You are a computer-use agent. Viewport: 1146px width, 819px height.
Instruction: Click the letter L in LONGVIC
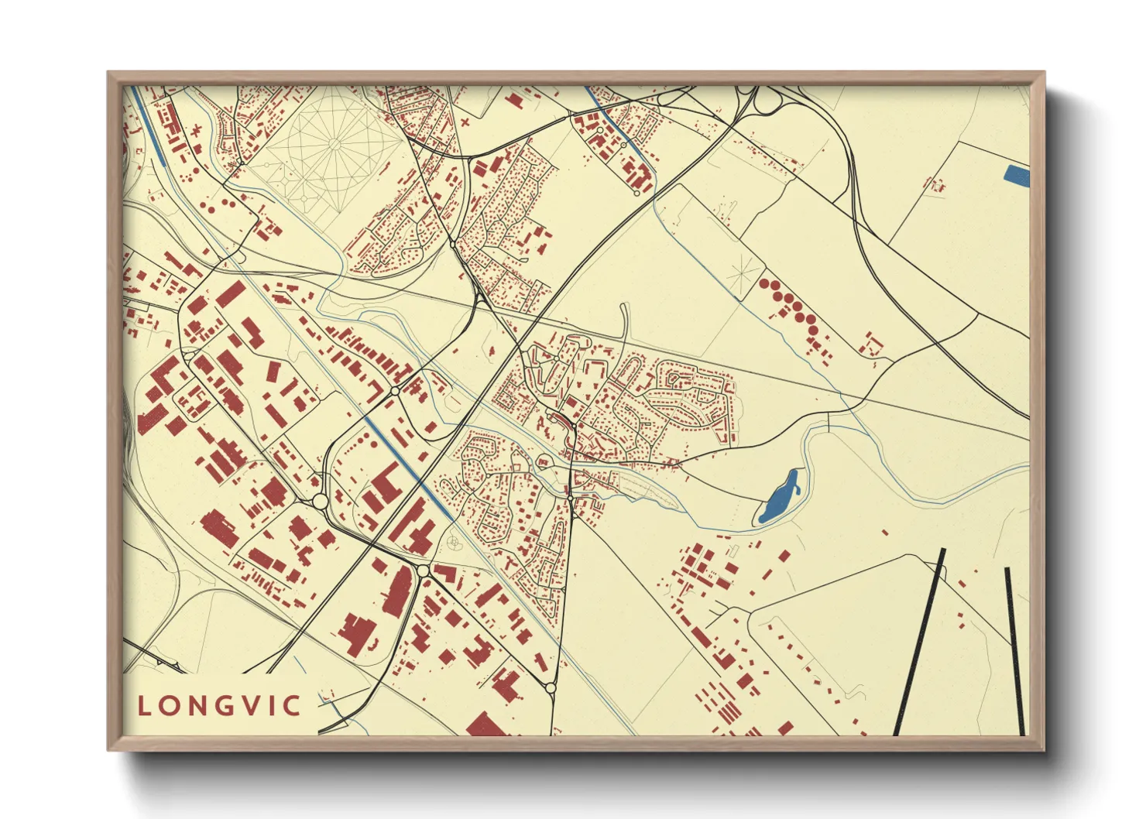tap(144, 706)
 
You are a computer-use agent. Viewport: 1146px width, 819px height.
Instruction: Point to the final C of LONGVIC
tap(292, 706)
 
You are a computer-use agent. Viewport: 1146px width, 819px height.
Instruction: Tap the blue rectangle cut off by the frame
tap(1017, 176)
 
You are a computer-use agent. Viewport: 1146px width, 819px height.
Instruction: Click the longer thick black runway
tap(920, 643)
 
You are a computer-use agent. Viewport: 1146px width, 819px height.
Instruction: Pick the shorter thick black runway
tap(1015, 650)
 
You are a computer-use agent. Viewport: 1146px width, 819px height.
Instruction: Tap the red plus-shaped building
tap(465, 122)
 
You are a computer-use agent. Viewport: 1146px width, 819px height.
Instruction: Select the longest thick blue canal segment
tap(409, 469)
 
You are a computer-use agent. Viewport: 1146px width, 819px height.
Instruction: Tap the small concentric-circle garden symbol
tap(454, 542)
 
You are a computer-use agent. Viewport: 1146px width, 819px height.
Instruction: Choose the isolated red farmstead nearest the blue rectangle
tap(936, 186)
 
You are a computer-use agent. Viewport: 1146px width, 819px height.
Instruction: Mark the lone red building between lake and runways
tap(885, 532)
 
